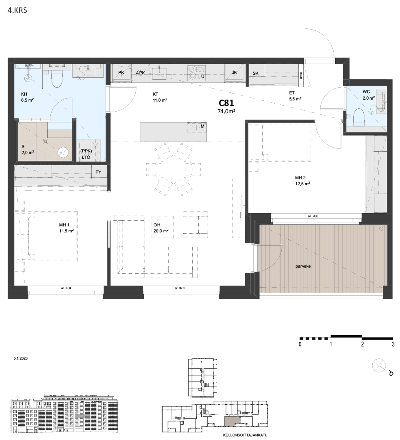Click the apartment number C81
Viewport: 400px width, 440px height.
point(226,103)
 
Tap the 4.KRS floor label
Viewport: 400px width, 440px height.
point(18,10)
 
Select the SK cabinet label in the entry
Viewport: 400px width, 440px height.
point(256,74)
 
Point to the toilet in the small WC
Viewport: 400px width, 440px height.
point(358,117)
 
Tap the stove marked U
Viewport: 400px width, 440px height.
point(196,72)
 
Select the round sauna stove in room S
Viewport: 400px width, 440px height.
point(63,152)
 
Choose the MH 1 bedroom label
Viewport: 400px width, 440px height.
point(64,225)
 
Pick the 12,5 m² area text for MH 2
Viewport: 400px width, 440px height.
point(302,184)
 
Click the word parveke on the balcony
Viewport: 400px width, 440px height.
point(303,266)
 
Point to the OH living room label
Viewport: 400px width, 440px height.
point(157,225)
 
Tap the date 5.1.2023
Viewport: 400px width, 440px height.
point(20,358)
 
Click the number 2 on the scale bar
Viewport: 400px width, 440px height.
point(362,344)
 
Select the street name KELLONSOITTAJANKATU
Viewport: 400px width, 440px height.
point(245,435)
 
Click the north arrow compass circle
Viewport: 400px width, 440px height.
point(379,366)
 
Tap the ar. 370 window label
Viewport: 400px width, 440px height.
point(180,288)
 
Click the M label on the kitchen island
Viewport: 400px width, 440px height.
point(202,126)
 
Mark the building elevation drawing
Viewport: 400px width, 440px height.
point(64,414)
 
